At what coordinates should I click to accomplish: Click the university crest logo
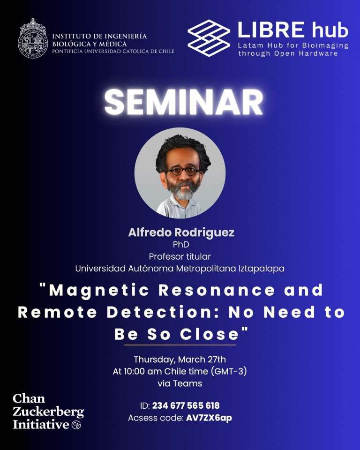(33, 38)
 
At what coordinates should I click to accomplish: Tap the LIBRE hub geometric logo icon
(209, 38)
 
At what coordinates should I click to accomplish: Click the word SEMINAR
(183, 102)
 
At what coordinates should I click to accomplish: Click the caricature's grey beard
(184, 191)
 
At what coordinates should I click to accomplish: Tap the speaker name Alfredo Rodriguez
(181, 232)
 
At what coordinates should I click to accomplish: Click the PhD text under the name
(181, 245)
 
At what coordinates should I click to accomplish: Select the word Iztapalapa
(261, 269)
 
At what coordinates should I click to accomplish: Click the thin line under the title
(180, 345)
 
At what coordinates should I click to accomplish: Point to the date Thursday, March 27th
(180, 360)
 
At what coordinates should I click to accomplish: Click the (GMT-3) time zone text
(229, 371)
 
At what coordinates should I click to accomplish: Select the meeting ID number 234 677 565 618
(186, 405)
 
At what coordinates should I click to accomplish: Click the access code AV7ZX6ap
(209, 418)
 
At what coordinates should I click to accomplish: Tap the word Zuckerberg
(48, 412)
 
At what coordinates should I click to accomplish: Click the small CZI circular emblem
(76, 425)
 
